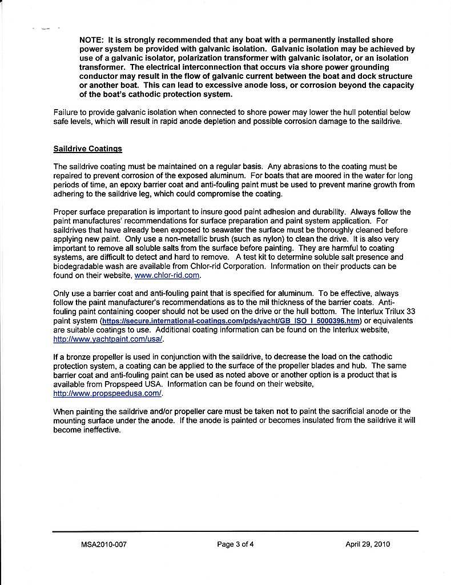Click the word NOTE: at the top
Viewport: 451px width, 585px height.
92,40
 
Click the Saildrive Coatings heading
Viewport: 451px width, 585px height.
87,149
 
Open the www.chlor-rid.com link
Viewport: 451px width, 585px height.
167,275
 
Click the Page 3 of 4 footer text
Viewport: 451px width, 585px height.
235,544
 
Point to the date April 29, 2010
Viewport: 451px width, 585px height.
368,544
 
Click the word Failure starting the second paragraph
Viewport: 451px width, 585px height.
66,113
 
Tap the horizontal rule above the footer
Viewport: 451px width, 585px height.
235,531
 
